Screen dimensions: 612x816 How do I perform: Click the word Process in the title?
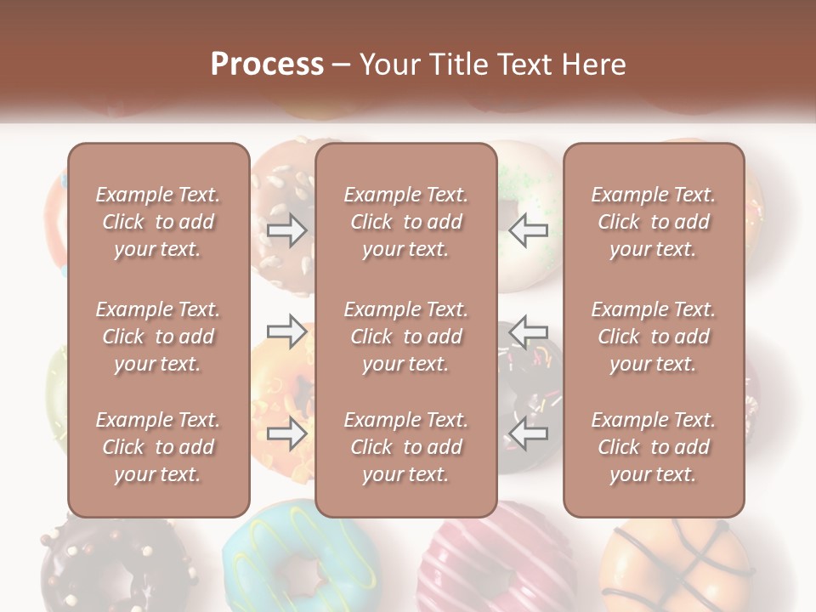pos(267,65)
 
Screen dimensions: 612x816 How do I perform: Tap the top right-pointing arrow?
pos(287,229)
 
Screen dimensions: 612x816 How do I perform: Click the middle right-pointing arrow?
pos(287,331)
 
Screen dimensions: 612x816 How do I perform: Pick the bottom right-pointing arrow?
pos(287,433)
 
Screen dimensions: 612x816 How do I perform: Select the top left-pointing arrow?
pos(528,229)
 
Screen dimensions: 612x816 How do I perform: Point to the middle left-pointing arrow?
pos(528,331)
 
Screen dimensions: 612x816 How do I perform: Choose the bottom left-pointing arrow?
pos(528,433)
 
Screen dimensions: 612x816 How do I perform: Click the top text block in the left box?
pos(158,222)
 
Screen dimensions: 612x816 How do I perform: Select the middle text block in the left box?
pos(158,337)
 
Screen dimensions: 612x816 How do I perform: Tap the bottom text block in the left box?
pos(158,447)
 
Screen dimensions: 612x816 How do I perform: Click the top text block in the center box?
pos(406,222)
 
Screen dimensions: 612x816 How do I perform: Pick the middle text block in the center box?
pos(406,337)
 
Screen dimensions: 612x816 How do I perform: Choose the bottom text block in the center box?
pos(406,447)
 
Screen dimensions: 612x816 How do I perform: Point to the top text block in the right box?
pos(654,222)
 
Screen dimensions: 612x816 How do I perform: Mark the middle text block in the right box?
pos(654,337)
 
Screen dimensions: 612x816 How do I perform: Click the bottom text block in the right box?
pos(654,447)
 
